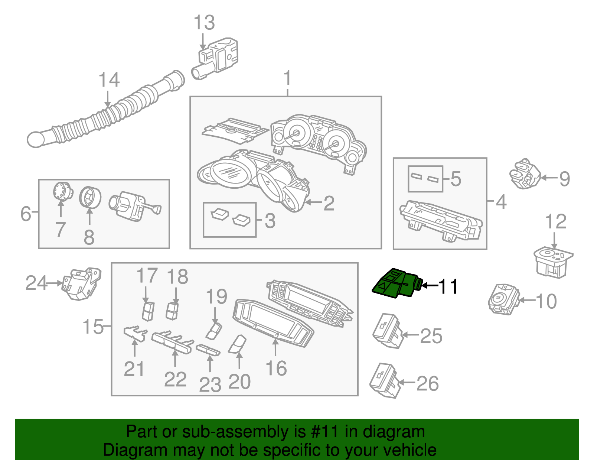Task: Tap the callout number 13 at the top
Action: pyautogui.click(x=204, y=23)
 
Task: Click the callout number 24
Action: pyautogui.click(x=36, y=283)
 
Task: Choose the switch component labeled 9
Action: pyautogui.click(x=525, y=173)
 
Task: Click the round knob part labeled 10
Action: pyautogui.click(x=502, y=299)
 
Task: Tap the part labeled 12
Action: pyautogui.click(x=552, y=262)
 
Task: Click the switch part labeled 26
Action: pyautogui.click(x=385, y=380)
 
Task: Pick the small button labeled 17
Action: pyautogui.click(x=148, y=311)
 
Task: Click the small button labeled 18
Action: pyautogui.click(x=172, y=311)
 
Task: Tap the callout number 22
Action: pyautogui.click(x=175, y=379)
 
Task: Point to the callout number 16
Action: pyautogui.click(x=276, y=368)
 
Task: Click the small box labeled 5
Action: pyautogui.click(x=425, y=179)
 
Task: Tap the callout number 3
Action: pyautogui.click(x=270, y=221)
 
